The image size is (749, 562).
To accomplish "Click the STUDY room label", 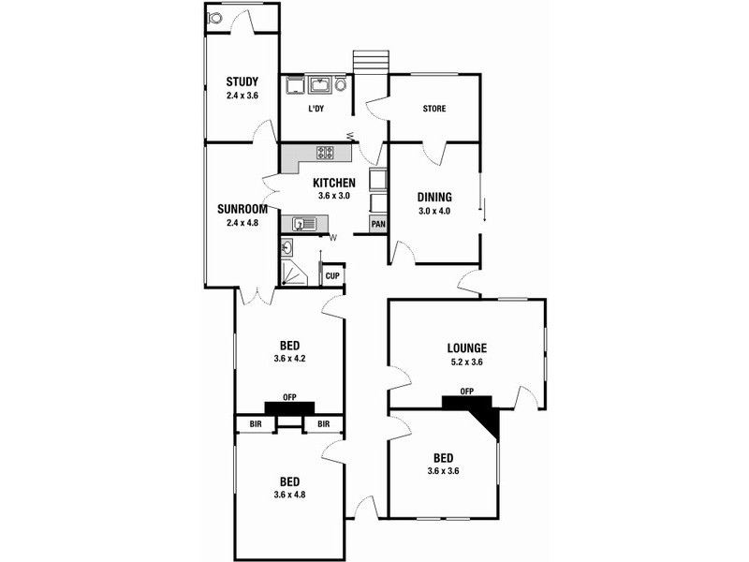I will [241, 81].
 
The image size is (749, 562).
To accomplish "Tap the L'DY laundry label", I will [316, 109].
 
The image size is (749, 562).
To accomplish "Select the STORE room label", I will [433, 109].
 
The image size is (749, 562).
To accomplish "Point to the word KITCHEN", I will [333, 183].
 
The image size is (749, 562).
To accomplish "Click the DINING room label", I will [434, 197].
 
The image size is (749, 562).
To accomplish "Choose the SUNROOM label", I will [242, 209].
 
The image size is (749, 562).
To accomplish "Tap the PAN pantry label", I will [378, 224].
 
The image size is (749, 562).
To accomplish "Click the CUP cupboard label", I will [332, 276].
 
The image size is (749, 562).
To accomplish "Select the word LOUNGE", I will [466, 347].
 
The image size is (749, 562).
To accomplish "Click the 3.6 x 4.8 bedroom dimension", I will [289, 495].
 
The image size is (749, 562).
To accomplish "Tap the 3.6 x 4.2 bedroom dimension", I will [289, 359].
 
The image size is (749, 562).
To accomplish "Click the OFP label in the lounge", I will [466, 392].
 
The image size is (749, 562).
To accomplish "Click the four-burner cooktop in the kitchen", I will [326, 153].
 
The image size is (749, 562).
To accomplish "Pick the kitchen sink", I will [303, 224].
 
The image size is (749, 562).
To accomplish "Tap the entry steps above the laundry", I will [369, 61].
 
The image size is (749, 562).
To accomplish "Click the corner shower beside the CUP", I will [294, 272].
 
